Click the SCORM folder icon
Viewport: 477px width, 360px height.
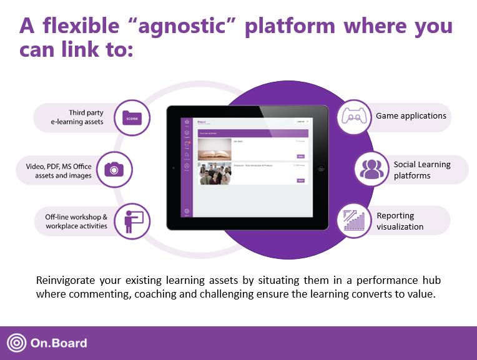click(132, 118)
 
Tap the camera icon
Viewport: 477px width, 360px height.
click(114, 168)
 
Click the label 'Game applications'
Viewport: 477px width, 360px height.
click(410, 116)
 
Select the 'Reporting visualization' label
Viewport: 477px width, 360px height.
click(400, 221)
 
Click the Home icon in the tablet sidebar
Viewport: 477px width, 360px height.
click(186, 122)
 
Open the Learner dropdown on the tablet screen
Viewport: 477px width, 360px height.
click(302, 122)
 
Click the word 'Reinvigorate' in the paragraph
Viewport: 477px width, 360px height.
click(64, 280)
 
